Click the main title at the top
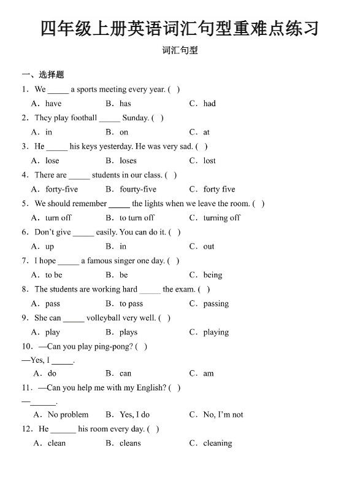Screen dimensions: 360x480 pos(180,28)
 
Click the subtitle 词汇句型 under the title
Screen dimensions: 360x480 pos(180,51)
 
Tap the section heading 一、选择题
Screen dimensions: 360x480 pos(43,75)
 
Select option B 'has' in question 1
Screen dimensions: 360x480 pos(125,104)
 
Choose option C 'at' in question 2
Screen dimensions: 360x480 pos(206,132)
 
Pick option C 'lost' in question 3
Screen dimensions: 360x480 pos(209,161)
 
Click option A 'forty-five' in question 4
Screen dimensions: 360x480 pos(61,189)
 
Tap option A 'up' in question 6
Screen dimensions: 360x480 pos(50,247)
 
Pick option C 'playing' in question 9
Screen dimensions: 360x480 pos(216,333)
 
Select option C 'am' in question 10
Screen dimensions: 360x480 pos(209,373)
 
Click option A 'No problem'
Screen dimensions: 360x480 pos(68,414)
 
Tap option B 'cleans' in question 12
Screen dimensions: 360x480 pos(130,443)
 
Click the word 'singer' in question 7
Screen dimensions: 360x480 pos(126,261)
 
